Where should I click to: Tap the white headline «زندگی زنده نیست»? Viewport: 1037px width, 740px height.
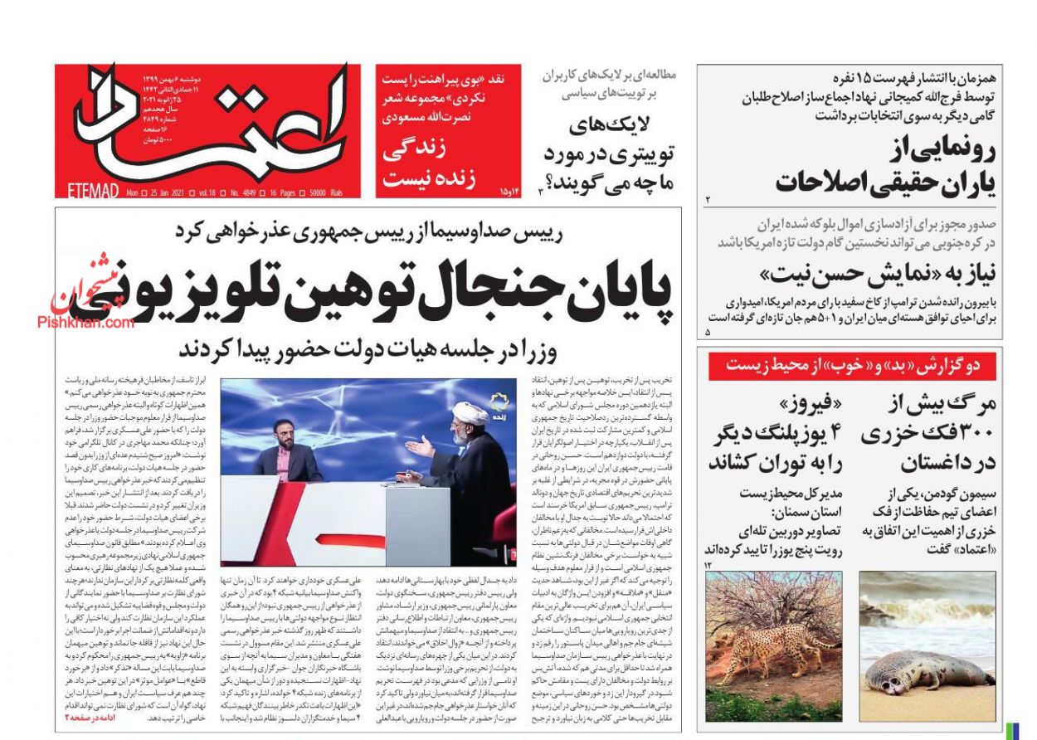[x=430, y=165]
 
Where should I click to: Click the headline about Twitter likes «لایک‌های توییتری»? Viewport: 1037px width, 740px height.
[x=610, y=153]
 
